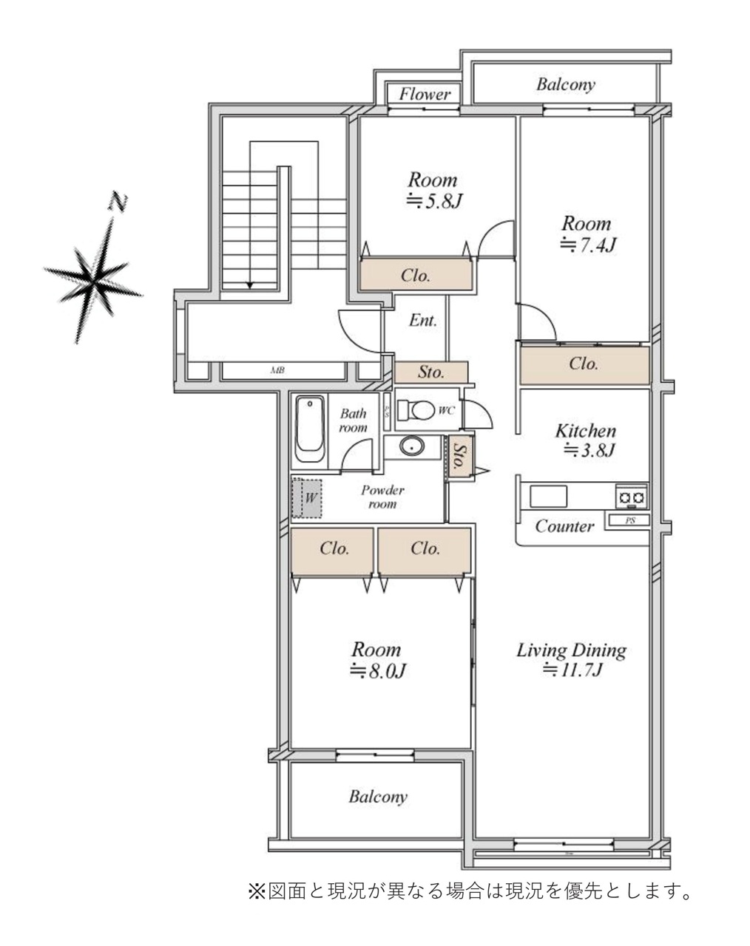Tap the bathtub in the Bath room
(310, 429)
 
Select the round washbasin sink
(412, 447)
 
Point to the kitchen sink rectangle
(549, 497)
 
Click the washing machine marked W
(307, 498)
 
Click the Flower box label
(425, 94)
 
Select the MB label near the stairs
(277, 370)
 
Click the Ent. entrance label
(423, 321)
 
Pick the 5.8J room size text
(433, 202)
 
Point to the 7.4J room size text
(587, 245)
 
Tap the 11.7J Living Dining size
(572, 670)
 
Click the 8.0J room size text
(377, 671)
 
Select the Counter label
(564, 526)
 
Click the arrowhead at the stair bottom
(250, 285)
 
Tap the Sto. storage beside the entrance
(430, 372)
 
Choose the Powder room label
(382, 497)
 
